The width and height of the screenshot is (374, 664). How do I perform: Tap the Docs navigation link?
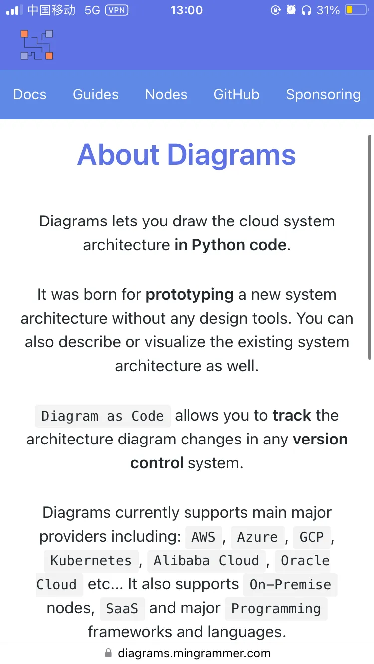30,94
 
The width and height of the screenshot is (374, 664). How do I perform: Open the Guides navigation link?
96,94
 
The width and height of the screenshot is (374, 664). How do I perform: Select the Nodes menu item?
166,94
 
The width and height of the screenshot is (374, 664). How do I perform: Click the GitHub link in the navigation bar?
236,94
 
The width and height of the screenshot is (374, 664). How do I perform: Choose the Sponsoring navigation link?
323,95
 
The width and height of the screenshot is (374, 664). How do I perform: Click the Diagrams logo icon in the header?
37,45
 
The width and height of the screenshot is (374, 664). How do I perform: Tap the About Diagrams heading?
187,155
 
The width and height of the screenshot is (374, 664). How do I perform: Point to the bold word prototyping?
189,295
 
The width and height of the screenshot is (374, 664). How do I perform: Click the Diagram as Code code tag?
103,416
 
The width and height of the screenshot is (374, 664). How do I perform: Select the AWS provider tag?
203,537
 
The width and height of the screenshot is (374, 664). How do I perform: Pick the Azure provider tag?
257,537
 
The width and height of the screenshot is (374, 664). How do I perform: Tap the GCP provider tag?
312,537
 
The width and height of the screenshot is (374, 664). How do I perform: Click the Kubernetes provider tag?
91,561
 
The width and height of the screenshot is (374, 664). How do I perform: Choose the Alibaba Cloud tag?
206,561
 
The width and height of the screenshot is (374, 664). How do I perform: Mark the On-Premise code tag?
290,585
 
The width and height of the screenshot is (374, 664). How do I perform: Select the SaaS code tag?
122,609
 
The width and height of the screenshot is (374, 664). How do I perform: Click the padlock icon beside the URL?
108,653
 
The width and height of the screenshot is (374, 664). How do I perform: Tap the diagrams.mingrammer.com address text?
194,653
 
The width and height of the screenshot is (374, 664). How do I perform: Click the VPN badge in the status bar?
117,10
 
